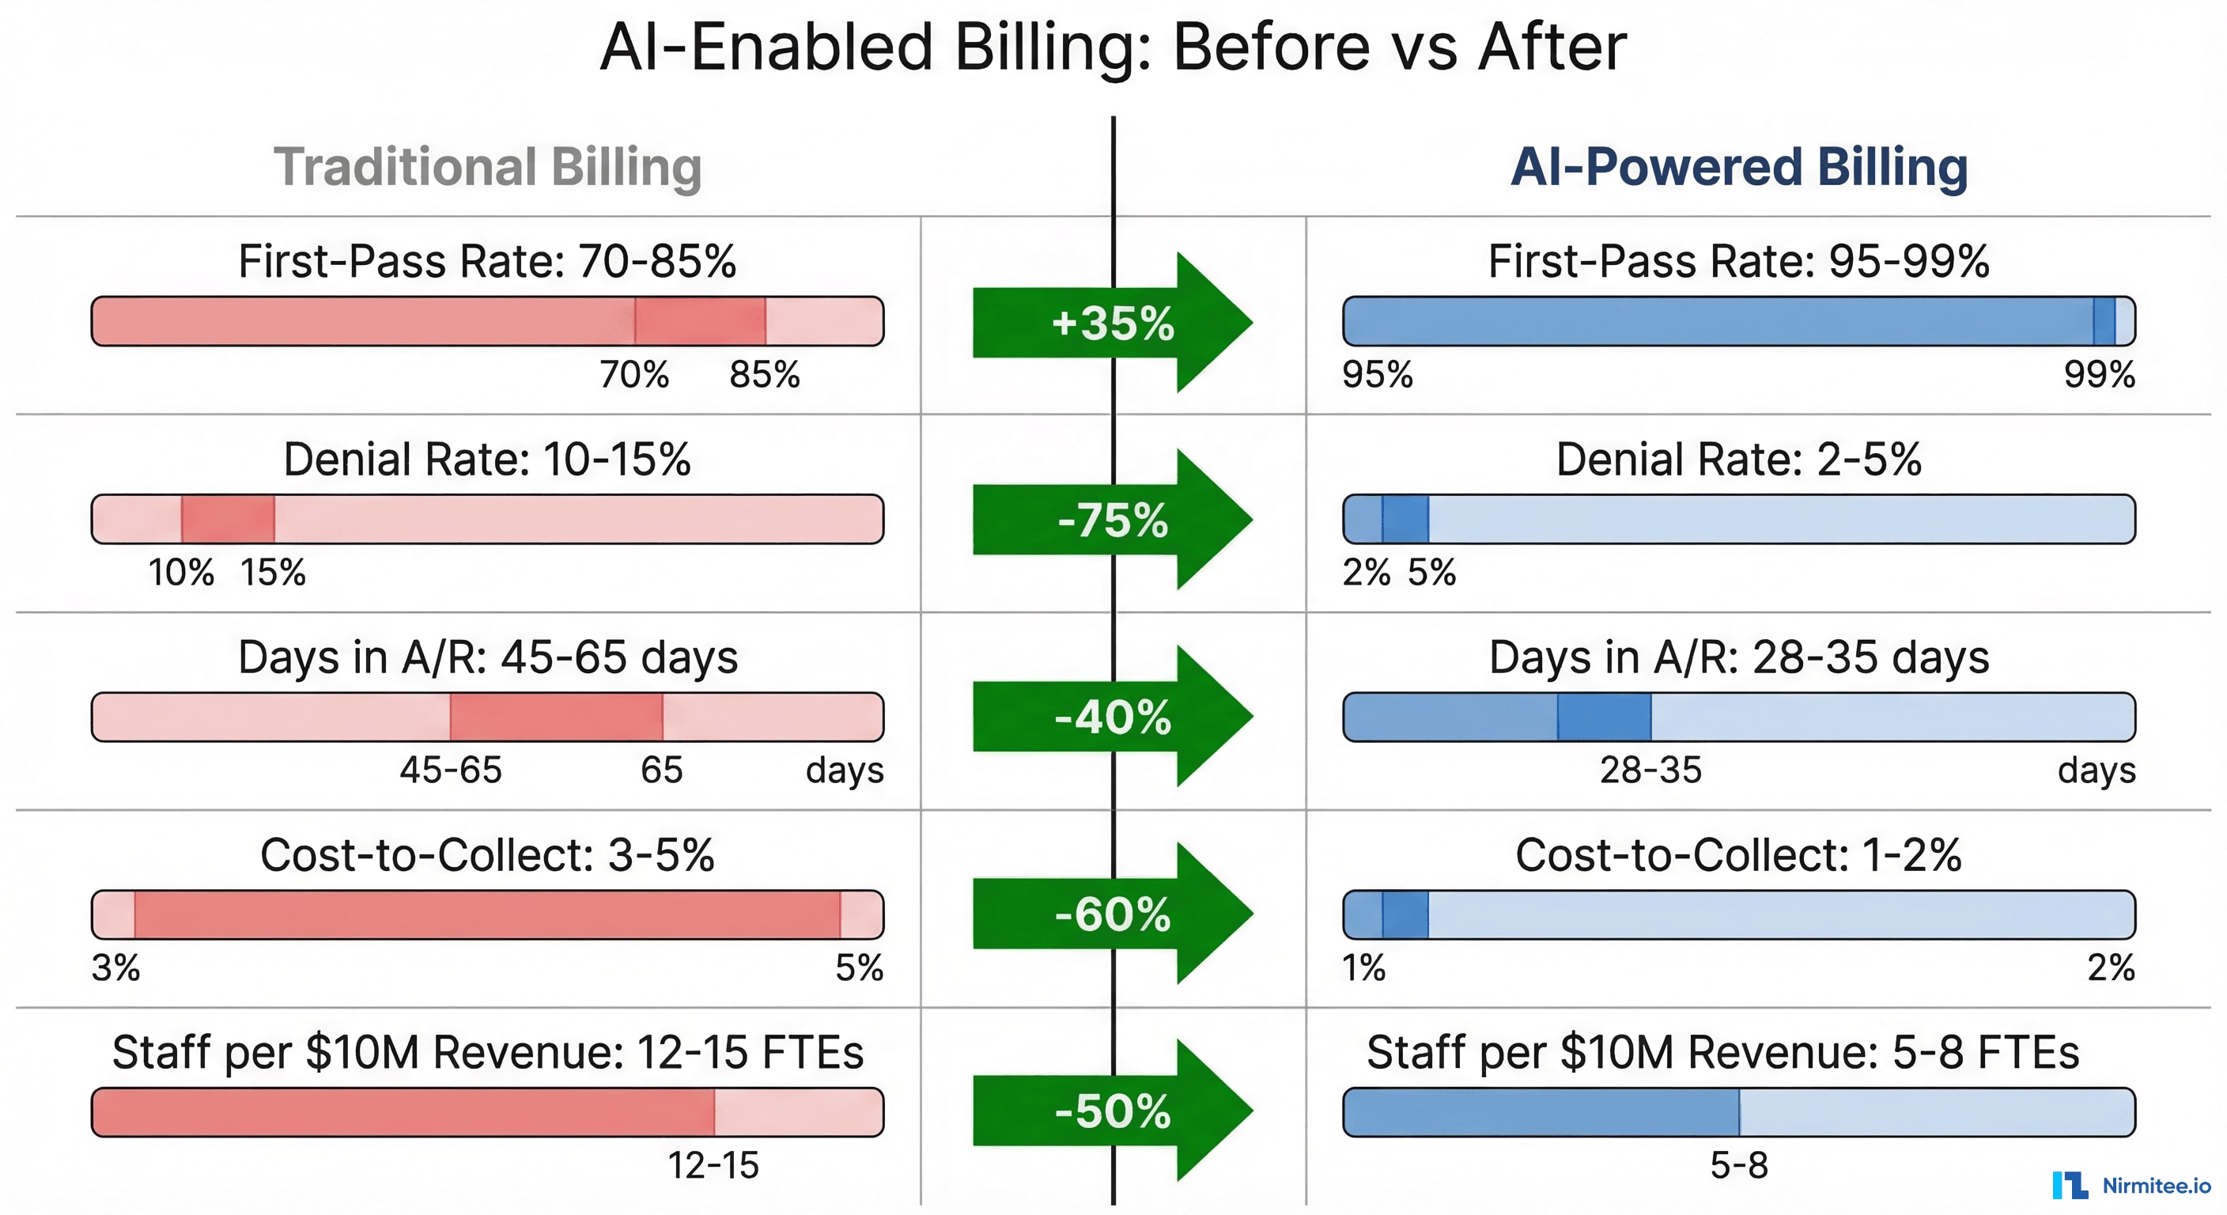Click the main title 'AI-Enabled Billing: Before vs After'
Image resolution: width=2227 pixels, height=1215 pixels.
pos(1113,47)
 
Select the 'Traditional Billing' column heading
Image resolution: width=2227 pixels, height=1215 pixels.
pos(488,166)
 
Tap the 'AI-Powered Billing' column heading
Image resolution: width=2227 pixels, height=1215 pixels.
pos(1738,166)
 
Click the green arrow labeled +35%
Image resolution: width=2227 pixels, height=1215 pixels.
pos(1113,323)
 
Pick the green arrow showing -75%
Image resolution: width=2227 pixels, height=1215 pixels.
pos(1113,520)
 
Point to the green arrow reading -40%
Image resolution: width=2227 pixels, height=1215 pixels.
pos(1113,717)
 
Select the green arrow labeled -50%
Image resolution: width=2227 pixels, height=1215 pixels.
pos(1113,1111)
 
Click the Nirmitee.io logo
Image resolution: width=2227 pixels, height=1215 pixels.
pos(2131,1185)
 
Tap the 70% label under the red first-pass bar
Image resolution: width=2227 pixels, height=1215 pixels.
pos(634,374)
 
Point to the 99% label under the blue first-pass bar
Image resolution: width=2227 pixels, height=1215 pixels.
pos(2099,374)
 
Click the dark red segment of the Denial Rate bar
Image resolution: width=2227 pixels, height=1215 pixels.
pos(229,519)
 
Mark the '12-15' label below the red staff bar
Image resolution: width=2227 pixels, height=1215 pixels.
pos(713,1165)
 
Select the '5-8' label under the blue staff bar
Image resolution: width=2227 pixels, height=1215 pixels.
pos(1738,1165)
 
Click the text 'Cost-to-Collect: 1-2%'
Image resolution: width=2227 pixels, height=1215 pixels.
pos(1738,854)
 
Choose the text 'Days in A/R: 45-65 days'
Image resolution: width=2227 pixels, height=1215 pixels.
pos(488,657)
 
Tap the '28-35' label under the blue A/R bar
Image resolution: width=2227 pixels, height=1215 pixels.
pos(1650,770)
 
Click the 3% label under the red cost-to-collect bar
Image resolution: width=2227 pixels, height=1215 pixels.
pos(115,967)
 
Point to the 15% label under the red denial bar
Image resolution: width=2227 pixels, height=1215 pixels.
pos(273,572)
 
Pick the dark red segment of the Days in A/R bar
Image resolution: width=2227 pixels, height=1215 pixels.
pos(556,717)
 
